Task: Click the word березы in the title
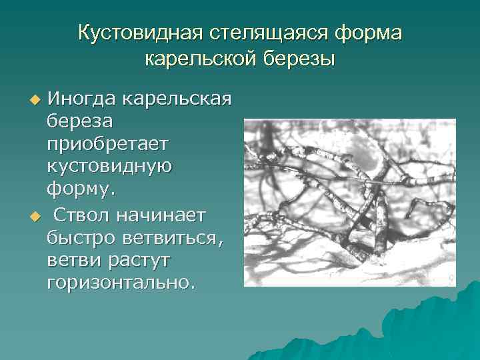(x=297, y=59)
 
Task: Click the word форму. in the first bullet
(x=81, y=190)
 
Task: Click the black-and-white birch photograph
(x=349, y=202)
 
